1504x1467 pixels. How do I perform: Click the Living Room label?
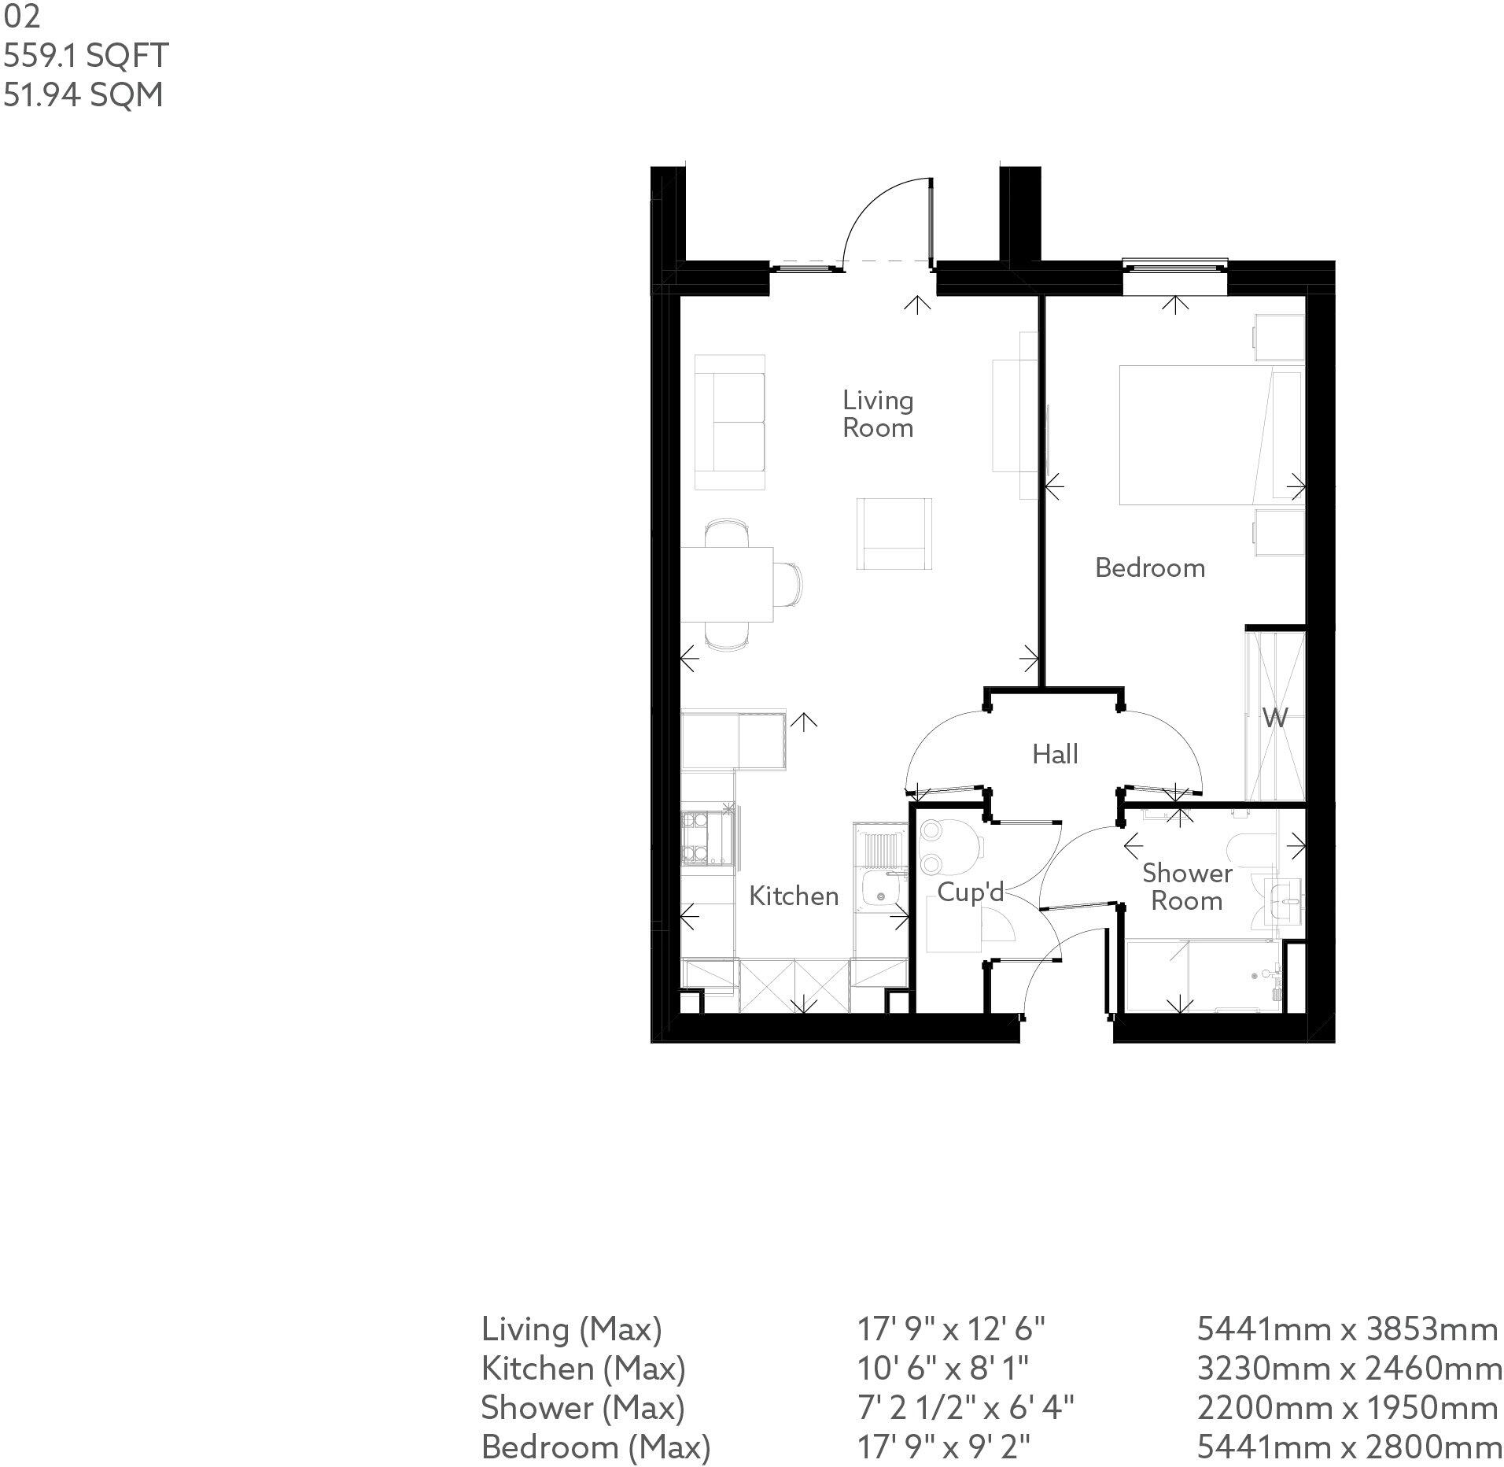tap(878, 414)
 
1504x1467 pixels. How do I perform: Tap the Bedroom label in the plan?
tap(1150, 567)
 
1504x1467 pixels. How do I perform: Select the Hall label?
tap(1055, 754)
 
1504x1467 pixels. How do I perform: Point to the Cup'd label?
tap(971, 892)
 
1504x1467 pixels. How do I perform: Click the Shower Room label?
tap(1187, 886)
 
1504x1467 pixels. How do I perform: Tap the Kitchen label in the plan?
tap(794, 896)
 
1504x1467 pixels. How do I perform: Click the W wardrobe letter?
tap(1275, 717)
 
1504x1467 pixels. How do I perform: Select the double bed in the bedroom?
tap(1211, 434)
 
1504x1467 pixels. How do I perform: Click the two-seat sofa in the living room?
tap(730, 423)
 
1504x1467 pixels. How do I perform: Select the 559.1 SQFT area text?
tap(86, 56)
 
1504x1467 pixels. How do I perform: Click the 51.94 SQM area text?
tap(83, 95)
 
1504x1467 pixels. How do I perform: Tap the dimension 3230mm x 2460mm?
tap(1349, 1369)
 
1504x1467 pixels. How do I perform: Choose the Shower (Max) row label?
tap(583, 1407)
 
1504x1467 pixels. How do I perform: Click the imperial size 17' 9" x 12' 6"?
tap(950, 1329)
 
